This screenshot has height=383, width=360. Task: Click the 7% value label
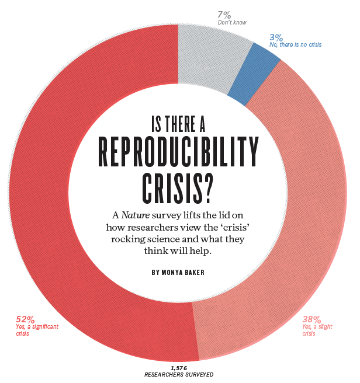pos(225,15)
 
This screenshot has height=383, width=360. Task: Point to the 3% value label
pos(276,37)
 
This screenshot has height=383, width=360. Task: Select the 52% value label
pos(25,319)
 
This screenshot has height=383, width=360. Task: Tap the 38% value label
pos(311,319)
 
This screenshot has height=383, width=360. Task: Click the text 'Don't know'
pos(232,22)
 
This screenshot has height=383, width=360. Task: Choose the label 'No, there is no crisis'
pos(295,44)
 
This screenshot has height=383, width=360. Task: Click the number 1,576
pos(179,367)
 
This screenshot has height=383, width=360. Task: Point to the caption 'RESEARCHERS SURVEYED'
pos(179,374)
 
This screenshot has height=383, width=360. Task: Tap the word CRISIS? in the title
pos(178,187)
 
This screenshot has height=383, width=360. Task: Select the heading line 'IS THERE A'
pos(178,123)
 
